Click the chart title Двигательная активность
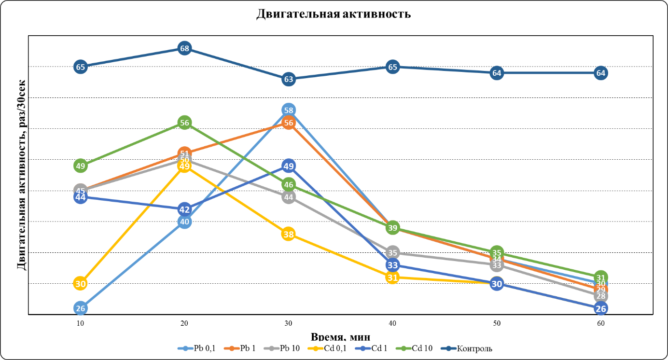334,14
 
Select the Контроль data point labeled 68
184,48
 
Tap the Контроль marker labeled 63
289,79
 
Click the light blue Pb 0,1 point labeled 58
289,110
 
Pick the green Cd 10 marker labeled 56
184,123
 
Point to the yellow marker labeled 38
288,235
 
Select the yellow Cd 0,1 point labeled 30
81,284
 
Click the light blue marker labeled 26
81,308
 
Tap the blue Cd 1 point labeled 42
184,209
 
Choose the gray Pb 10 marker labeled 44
289,197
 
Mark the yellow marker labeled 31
392,277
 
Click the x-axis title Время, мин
341,337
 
